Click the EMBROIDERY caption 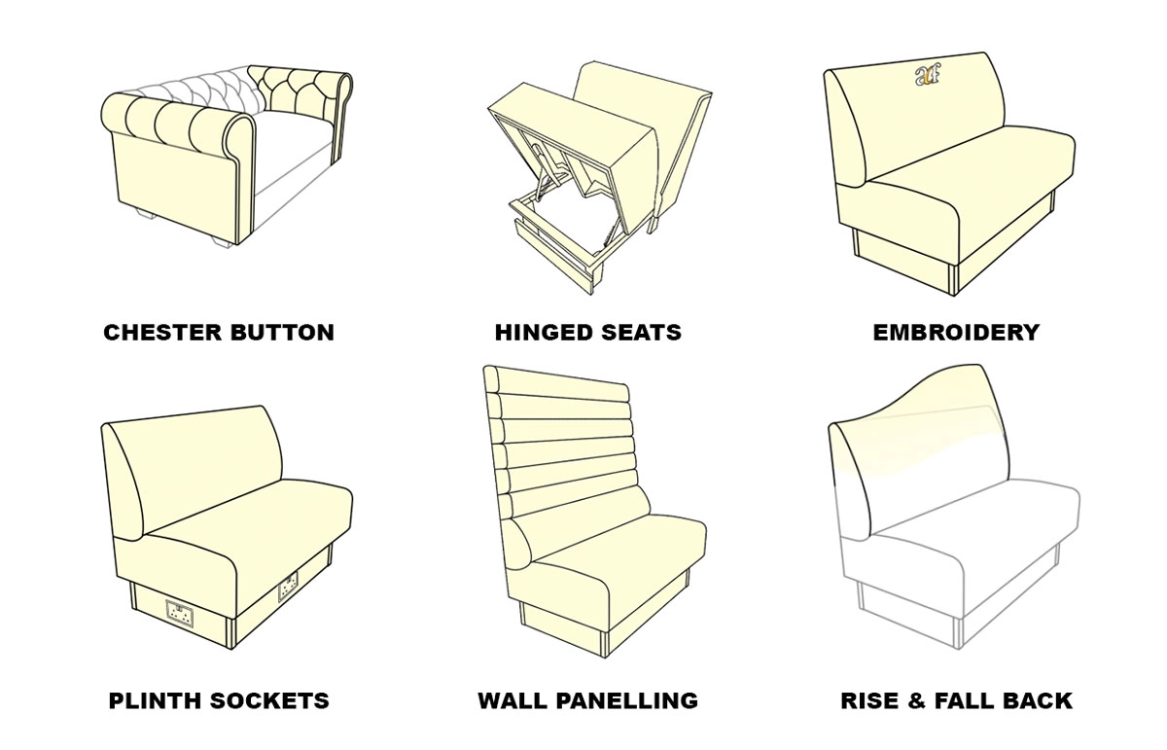pos(956,333)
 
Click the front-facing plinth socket pos(178,613)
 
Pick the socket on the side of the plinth pos(288,587)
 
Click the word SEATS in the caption pos(638,333)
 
